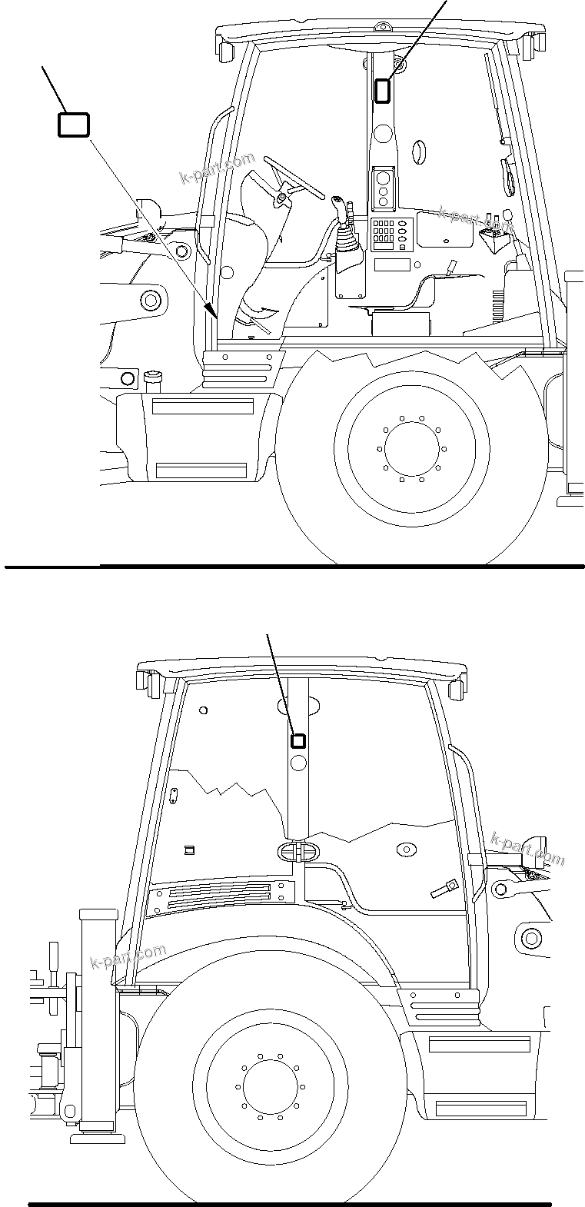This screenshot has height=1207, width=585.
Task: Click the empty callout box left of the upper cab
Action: (x=74, y=125)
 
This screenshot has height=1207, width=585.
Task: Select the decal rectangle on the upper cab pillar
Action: (x=382, y=90)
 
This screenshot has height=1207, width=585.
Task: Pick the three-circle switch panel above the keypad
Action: (x=383, y=188)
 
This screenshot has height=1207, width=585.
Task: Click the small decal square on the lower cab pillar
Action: (x=297, y=741)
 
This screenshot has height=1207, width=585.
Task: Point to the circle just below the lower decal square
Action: (x=299, y=763)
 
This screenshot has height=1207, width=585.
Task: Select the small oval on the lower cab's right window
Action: (x=404, y=849)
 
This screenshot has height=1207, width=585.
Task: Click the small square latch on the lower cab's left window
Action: (x=189, y=850)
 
